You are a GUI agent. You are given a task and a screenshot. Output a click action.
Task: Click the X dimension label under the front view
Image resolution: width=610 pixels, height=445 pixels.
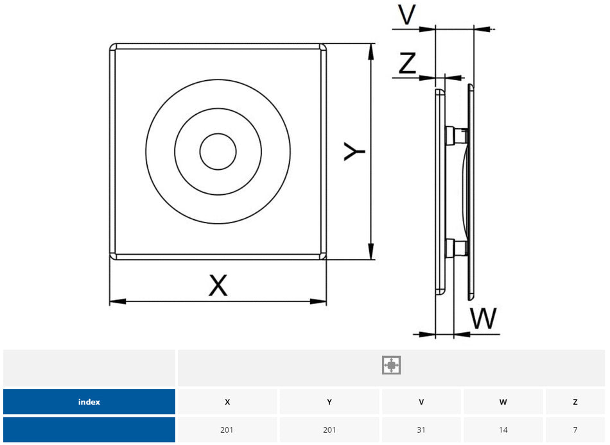[x=218, y=285]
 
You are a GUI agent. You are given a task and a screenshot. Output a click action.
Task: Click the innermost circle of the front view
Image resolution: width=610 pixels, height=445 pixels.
[x=217, y=153]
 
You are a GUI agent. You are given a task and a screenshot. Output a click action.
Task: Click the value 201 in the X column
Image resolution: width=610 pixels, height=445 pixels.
[x=227, y=430]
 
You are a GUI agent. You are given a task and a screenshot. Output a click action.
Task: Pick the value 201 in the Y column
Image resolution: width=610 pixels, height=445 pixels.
[x=329, y=430]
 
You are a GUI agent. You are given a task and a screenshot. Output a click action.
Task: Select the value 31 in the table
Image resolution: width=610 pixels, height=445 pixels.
[x=421, y=430]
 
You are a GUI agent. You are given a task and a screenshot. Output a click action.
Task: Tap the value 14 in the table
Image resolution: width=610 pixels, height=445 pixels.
[x=503, y=430]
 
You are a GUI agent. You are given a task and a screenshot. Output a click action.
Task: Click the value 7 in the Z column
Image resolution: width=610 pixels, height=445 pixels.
[x=575, y=430]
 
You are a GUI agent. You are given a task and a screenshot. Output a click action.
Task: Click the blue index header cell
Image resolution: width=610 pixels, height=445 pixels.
[x=89, y=402]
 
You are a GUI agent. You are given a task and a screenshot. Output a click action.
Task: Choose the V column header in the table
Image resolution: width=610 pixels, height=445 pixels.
[x=421, y=402]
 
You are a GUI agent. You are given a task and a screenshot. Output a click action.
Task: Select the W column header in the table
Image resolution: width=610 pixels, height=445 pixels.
[x=503, y=402]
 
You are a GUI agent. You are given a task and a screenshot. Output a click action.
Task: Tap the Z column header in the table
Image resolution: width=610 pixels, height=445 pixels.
[x=575, y=402]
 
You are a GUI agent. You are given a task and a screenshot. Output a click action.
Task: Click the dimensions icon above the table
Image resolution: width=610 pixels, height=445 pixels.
[x=391, y=365]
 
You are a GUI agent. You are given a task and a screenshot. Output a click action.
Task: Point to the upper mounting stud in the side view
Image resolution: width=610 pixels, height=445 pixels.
[x=455, y=135]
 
